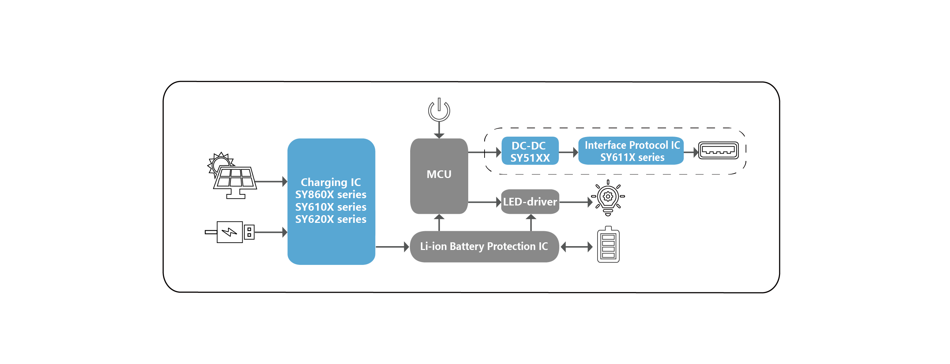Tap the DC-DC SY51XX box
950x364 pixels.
pyautogui.click(x=530, y=151)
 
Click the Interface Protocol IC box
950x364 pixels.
pyautogui.click(x=631, y=151)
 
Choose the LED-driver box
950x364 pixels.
pyautogui.click(x=530, y=202)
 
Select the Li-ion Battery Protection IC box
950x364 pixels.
pyautogui.click(x=484, y=246)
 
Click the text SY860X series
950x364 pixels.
pyautogui.click(x=331, y=194)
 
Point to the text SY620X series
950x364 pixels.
pyautogui.click(x=331, y=219)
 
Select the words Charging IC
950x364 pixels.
pyautogui.click(x=331, y=182)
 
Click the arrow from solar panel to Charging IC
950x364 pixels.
pyautogui.click(x=271, y=181)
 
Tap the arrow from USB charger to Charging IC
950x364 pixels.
pyautogui.click(x=271, y=232)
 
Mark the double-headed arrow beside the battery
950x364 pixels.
pyautogui.click(x=576, y=247)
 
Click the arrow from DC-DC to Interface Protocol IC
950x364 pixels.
pyautogui.click(x=568, y=152)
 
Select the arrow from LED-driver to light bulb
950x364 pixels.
pyautogui.click(x=575, y=202)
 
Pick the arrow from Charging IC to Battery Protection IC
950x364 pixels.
pyautogui.click(x=392, y=247)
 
